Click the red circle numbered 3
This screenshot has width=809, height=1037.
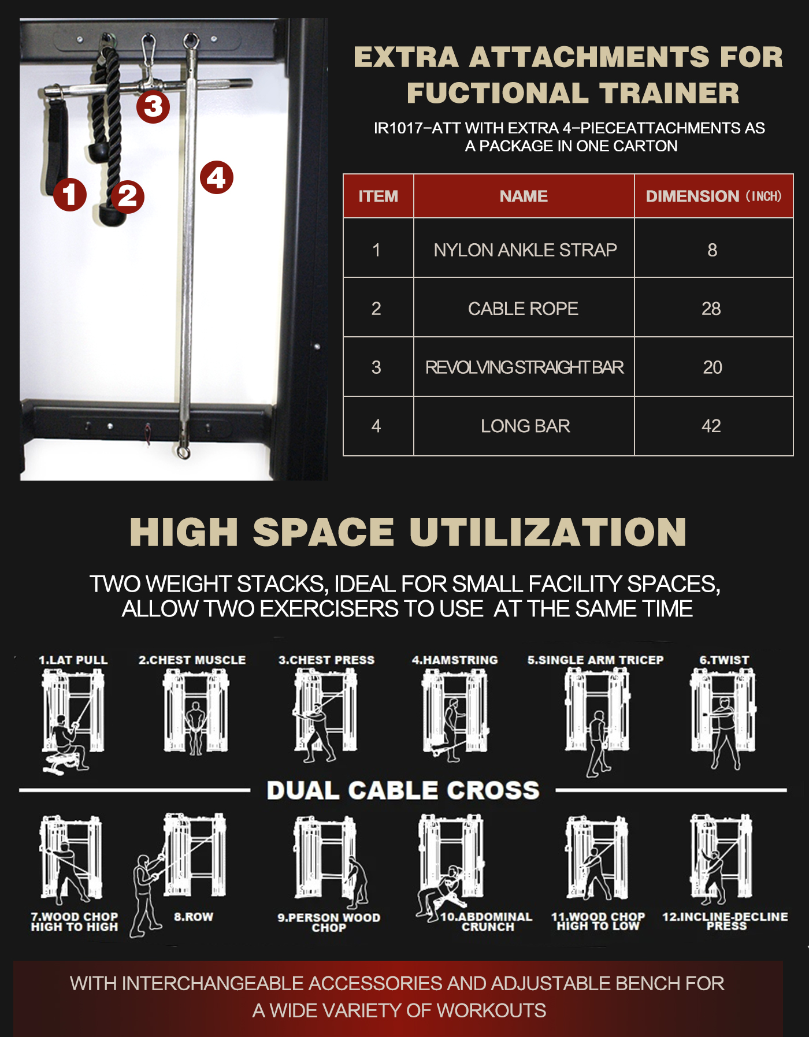point(153,106)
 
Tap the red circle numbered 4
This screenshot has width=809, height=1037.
point(217,177)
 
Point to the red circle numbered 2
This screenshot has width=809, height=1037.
point(128,196)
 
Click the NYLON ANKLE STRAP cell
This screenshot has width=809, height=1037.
point(525,250)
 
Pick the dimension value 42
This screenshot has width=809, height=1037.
point(711,426)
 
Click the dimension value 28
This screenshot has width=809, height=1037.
point(711,309)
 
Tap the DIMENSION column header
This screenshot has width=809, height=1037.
point(714,196)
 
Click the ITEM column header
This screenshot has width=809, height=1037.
point(378,196)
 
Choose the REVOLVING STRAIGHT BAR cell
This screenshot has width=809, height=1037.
point(525,367)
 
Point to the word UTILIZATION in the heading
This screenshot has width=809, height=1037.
point(548,532)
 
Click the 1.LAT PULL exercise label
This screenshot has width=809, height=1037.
point(73,660)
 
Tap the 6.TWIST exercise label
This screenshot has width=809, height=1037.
point(724,660)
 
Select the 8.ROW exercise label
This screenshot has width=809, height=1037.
point(194,917)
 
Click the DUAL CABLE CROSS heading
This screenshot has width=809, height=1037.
point(403,790)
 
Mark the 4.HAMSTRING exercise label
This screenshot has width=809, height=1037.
point(455,660)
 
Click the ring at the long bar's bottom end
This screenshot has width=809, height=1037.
point(184,451)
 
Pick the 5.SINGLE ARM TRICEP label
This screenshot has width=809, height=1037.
point(595,660)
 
